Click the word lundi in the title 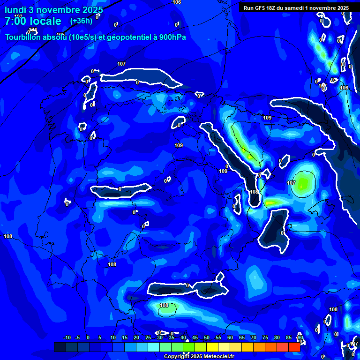pyautogui.click(x=15, y=10)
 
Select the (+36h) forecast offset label pyautogui.click(x=81, y=21)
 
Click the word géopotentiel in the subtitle pyautogui.click(x=126, y=37)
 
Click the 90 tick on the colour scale pyautogui.click(x=300, y=338)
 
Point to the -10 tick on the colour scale pyautogui.click(x=67, y=338)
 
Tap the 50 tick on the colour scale pyautogui.click(x=207, y=338)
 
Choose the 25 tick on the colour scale pyautogui.click(x=148, y=338)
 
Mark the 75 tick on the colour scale pyautogui.click(x=265, y=338)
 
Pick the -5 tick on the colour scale pyautogui.click(x=77, y=338)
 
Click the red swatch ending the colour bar pyautogui.click(x=294, y=347)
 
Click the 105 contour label pyautogui.click(x=60, y=35)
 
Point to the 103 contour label pyautogui.click(x=18, y=16)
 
